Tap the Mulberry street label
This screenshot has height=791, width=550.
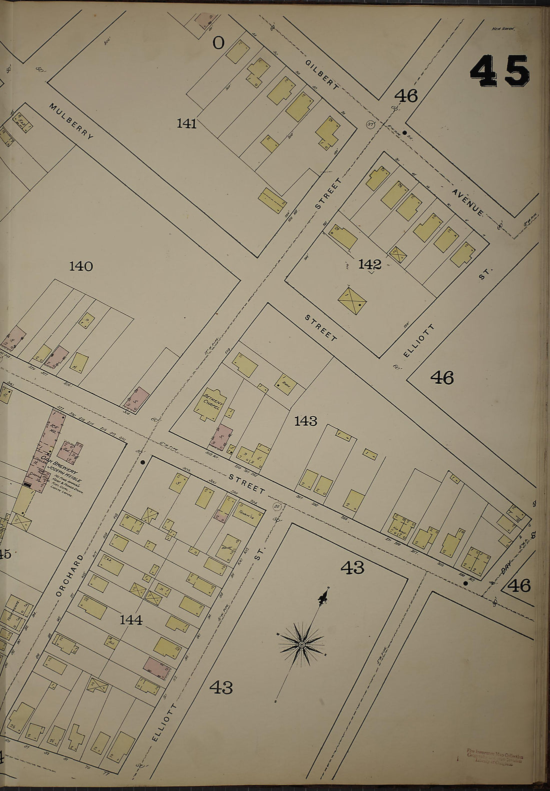(x=71, y=121)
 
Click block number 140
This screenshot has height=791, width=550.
(x=81, y=266)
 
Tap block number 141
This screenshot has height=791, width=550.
(x=186, y=123)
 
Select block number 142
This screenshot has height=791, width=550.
(x=369, y=264)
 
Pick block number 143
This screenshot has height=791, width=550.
(x=305, y=421)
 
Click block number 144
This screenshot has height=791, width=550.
(x=131, y=620)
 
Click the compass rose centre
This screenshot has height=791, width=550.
(x=301, y=645)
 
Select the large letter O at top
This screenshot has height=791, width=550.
(x=218, y=43)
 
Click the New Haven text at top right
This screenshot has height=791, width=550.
(x=503, y=29)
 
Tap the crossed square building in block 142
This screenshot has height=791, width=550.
(x=352, y=300)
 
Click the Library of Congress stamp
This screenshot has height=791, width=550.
(x=495, y=756)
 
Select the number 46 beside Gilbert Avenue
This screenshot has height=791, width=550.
(x=405, y=95)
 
